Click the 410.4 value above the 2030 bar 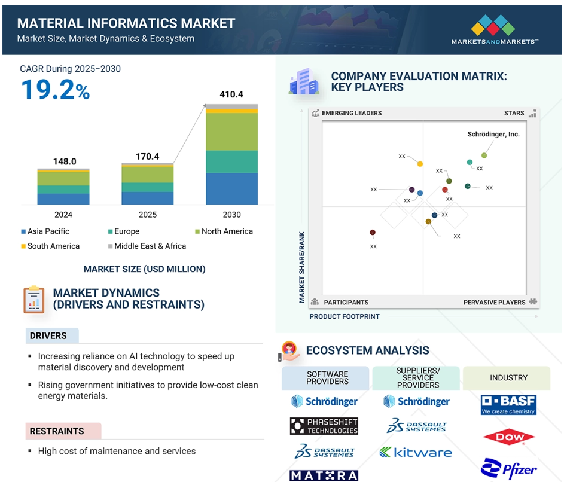(x=231, y=94)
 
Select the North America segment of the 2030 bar (x=231, y=132)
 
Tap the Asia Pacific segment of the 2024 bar (x=63, y=199)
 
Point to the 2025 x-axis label (x=148, y=215)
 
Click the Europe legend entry (x=124, y=231)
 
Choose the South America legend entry (x=50, y=246)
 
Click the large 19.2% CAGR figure (x=56, y=90)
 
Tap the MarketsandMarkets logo (x=495, y=29)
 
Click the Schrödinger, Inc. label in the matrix (x=493, y=134)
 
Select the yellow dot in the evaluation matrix (x=420, y=164)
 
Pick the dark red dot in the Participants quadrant (x=373, y=233)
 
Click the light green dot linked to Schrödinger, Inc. (x=484, y=155)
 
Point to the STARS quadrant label (x=514, y=113)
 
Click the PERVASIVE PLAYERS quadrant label (x=494, y=302)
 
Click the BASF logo (x=508, y=405)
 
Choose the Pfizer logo (x=508, y=468)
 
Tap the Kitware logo (x=416, y=452)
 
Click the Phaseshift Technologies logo (x=324, y=426)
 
